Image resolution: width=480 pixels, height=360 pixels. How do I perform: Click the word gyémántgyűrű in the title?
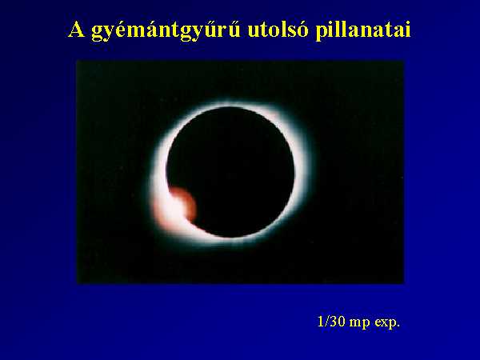166,30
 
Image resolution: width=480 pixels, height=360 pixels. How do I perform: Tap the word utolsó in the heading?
278,30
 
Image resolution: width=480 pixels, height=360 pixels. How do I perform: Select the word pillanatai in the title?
362,30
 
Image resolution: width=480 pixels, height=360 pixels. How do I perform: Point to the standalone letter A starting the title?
76,30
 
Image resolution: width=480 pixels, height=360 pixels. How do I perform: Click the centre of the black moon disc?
230,172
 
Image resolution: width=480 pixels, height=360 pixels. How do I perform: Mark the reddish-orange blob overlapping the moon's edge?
184,203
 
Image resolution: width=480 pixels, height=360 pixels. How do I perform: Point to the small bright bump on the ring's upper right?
274,115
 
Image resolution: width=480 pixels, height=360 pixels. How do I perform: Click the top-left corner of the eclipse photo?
77,61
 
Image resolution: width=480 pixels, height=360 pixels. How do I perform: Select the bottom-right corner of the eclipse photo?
404,283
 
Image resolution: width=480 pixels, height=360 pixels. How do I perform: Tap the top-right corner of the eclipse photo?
404,61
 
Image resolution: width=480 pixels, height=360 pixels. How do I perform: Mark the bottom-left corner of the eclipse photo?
77,283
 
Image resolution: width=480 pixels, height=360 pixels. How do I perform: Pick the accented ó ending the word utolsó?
302,30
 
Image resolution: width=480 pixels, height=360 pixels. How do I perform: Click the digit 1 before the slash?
321,322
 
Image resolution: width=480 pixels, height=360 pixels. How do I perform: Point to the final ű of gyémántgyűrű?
234,30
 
